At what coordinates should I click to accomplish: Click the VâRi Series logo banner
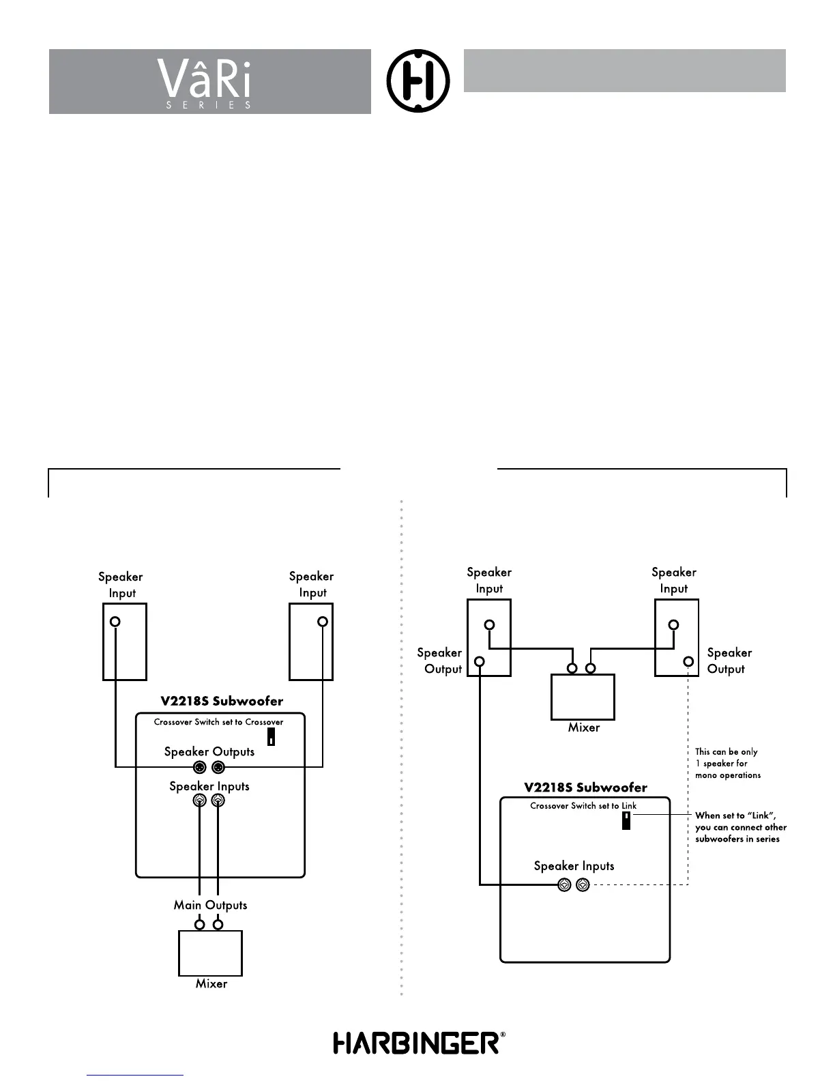[209, 82]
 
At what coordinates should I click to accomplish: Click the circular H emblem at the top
[418, 81]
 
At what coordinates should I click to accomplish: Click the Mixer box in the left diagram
[210, 953]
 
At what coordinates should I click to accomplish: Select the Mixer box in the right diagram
[583, 697]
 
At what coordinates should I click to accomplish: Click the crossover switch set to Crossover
[271, 737]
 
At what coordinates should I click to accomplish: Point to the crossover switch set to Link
[626, 820]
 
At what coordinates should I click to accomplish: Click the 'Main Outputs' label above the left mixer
[210, 905]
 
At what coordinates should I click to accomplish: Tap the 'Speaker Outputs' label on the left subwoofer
[209, 751]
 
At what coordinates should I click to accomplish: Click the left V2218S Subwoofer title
[222, 701]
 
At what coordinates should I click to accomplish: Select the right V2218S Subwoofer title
[585, 787]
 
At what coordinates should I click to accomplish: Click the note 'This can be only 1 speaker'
[727, 763]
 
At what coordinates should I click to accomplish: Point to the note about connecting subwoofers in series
[740, 827]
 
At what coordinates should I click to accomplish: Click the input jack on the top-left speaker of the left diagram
[115, 622]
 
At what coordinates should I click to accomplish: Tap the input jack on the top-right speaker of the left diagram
[323, 622]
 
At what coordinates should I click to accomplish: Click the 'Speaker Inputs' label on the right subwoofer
[574, 866]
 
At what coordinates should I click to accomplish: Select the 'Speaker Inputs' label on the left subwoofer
[209, 786]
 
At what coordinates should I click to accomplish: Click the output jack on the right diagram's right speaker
[688, 661]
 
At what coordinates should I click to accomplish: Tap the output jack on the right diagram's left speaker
[480, 661]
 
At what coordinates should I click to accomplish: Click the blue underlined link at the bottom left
[135, 1075]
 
